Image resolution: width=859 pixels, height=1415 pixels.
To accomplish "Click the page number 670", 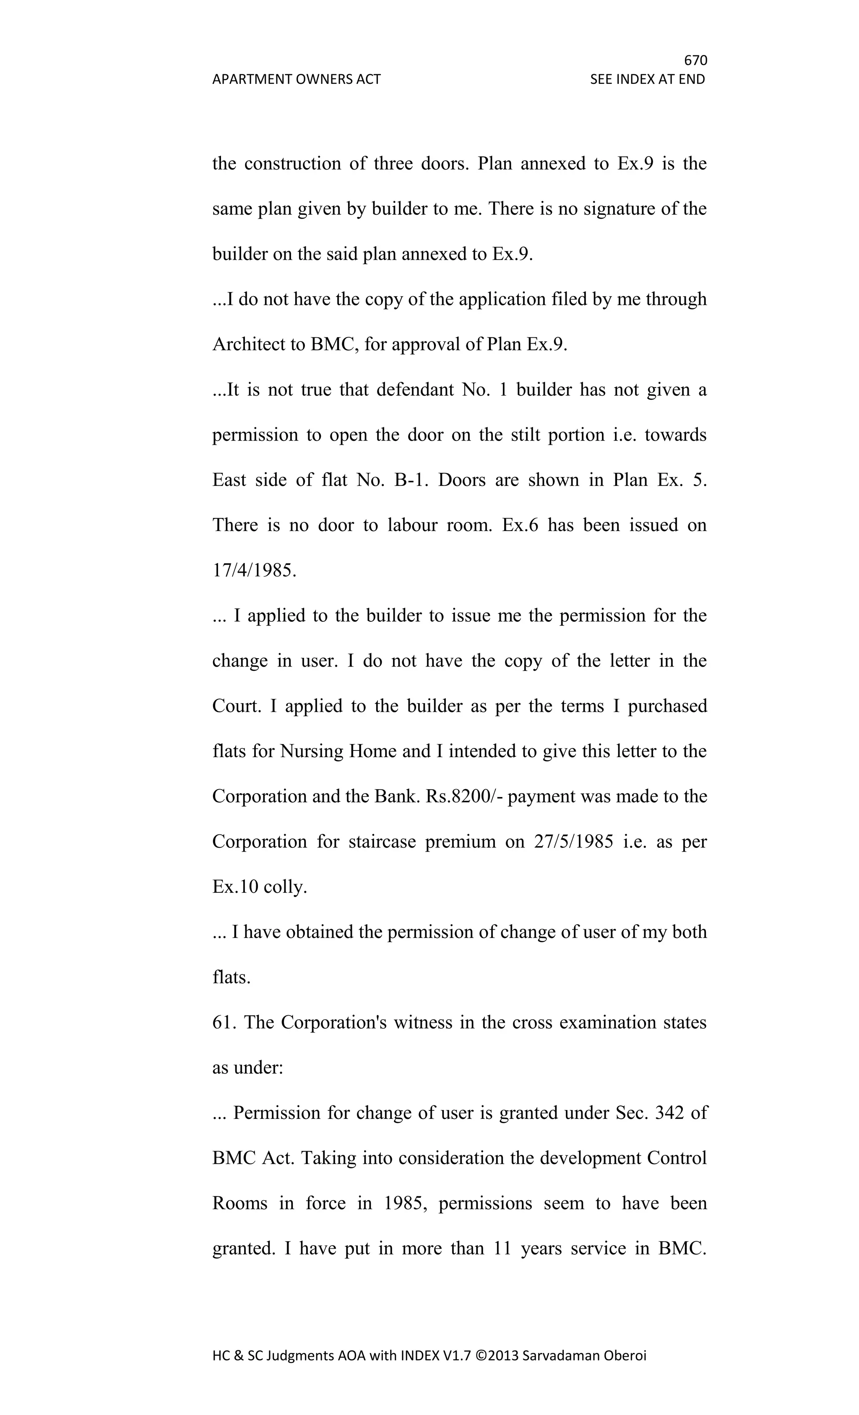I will point(695,60).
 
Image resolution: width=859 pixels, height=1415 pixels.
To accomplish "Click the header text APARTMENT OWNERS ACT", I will point(296,79).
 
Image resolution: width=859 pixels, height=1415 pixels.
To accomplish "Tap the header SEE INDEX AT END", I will point(647,79).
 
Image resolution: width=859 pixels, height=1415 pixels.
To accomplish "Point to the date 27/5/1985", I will point(573,842).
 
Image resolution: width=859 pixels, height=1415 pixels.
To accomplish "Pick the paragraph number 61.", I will point(224,1023).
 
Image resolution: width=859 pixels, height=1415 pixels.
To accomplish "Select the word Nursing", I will point(311,752).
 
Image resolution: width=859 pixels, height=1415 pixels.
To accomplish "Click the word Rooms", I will point(239,1204).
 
